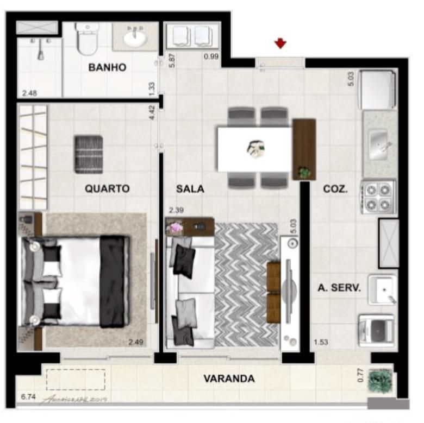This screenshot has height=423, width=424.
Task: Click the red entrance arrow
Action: (x=280, y=43)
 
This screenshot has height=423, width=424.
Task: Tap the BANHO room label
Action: (x=107, y=68)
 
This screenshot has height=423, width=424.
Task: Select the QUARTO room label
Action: (x=107, y=189)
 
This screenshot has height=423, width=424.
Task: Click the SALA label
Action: (x=190, y=189)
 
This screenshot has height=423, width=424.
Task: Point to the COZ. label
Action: (x=335, y=189)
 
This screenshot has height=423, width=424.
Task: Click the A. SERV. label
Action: (x=339, y=288)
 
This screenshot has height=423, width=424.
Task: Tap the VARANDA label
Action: (x=229, y=378)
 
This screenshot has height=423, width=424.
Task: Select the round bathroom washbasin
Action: (x=134, y=39)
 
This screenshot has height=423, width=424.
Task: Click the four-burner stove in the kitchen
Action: (x=378, y=197)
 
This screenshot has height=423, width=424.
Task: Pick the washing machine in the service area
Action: (x=376, y=330)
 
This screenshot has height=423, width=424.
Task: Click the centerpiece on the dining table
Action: (x=255, y=148)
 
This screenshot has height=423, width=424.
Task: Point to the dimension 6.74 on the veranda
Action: (x=28, y=397)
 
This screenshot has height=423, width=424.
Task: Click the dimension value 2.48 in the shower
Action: (x=29, y=93)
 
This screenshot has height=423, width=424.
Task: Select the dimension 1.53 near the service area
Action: (x=321, y=342)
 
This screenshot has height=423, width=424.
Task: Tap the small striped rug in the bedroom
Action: (x=89, y=154)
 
